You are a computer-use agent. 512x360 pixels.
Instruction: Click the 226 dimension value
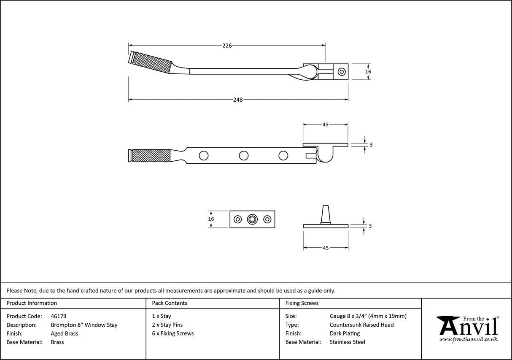coord(227,46)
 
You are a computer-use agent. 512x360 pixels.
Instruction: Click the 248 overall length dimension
coord(238,100)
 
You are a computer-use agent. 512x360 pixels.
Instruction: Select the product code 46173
coord(59,316)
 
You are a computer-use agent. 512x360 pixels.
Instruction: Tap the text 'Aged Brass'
coord(64,333)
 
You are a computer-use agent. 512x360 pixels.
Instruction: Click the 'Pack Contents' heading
coord(170,303)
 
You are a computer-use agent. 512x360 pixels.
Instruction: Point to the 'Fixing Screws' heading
coord(302,303)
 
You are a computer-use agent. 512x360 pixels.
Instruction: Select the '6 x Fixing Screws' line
coord(173,333)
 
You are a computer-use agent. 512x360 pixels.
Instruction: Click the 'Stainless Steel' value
coord(348,342)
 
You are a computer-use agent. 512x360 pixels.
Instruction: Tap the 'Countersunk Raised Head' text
coord(361,325)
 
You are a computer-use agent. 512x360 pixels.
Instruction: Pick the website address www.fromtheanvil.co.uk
coord(468,339)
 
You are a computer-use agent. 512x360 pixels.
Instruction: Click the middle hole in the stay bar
coord(243,156)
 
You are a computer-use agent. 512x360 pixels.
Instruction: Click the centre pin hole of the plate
coord(252,219)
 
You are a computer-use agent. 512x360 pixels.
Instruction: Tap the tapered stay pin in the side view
coord(326,214)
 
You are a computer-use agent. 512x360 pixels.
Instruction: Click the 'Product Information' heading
coord(32,303)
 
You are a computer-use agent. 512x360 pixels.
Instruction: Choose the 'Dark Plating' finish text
coord(345,333)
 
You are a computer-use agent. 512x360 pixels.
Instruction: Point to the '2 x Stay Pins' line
coord(167,325)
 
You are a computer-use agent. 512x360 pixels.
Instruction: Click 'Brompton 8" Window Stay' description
coord(84,325)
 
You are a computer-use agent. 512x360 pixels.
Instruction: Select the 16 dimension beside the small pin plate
coord(211,219)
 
